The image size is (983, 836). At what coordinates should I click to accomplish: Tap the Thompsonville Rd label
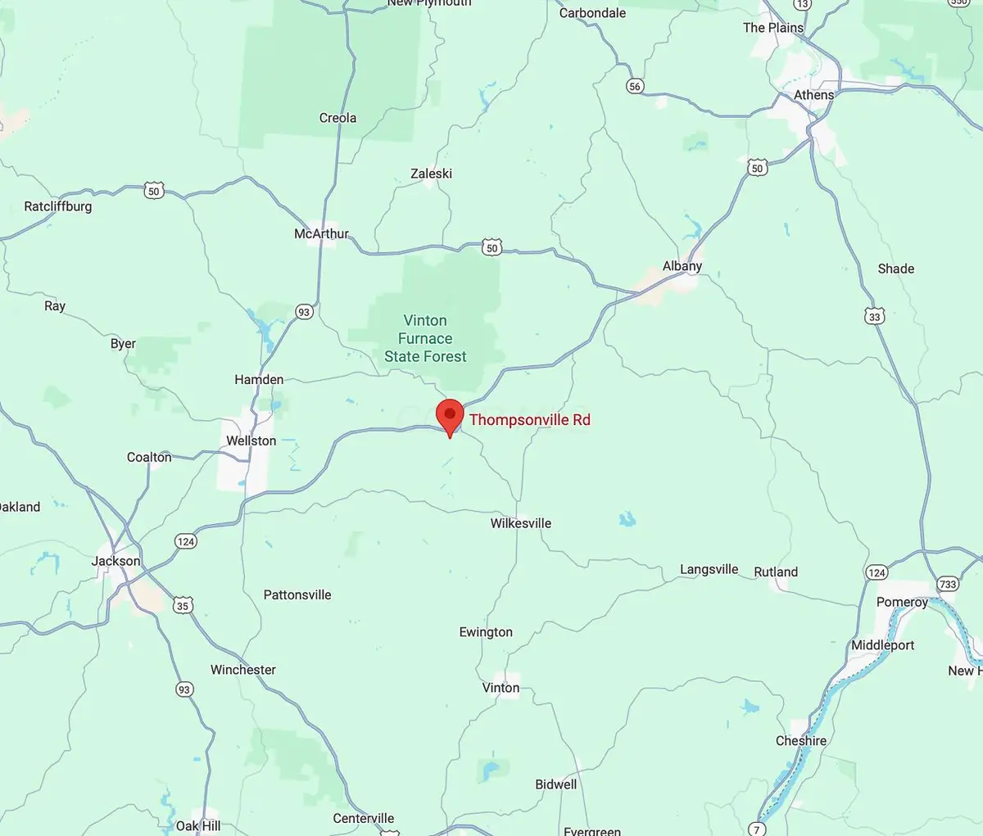pyautogui.click(x=529, y=420)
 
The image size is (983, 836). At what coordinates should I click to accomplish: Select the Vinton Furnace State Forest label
pyautogui.click(x=425, y=338)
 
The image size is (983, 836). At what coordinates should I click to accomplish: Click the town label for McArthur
pyautogui.click(x=321, y=234)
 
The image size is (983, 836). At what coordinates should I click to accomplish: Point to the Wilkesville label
pyautogui.click(x=520, y=523)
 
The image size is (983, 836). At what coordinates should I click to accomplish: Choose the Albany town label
pyautogui.click(x=682, y=266)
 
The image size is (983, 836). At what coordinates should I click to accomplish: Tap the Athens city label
pyautogui.click(x=813, y=95)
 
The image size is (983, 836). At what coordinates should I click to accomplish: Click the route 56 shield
pyautogui.click(x=635, y=86)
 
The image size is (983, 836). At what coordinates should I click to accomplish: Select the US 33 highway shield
pyautogui.click(x=875, y=317)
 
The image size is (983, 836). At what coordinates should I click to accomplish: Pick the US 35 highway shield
pyautogui.click(x=183, y=606)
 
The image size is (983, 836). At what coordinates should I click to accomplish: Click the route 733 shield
pyautogui.click(x=948, y=584)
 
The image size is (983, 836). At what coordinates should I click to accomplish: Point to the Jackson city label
pyautogui.click(x=116, y=561)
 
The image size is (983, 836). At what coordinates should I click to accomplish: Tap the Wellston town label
pyautogui.click(x=251, y=441)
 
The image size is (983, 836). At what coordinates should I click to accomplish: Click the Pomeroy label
pyautogui.click(x=902, y=603)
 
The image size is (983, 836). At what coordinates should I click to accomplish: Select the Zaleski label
pyautogui.click(x=431, y=174)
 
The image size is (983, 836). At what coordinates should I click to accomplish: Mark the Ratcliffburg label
pyautogui.click(x=57, y=206)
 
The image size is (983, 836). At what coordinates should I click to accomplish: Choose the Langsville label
pyautogui.click(x=709, y=570)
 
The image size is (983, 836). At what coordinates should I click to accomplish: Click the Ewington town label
pyautogui.click(x=486, y=632)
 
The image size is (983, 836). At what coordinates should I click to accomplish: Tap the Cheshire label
pyautogui.click(x=800, y=741)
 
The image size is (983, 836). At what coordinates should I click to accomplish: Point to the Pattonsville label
pyautogui.click(x=297, y=595)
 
